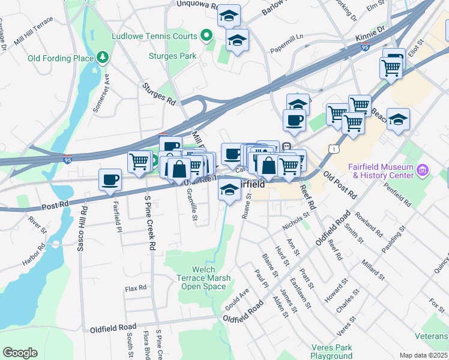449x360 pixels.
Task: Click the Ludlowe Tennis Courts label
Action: pyautogui.click(x=154, y=37)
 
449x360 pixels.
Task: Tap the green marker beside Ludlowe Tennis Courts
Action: pyautogui.click(x=208, y=36)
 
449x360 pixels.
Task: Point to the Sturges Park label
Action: pyautogui.click(x=173, y=56)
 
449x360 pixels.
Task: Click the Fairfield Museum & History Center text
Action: pyautogui.click(x=381, y=171)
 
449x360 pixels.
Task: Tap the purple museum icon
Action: pyautogui.click(x=424, y=171)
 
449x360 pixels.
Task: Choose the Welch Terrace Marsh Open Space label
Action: pyautogui.click(x=202, y=277)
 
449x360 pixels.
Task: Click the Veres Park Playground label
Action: pyautogui.click(x=331, y=352)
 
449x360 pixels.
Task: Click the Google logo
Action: pyautogui.click(x=20, y=353)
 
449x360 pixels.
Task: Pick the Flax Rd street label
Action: pyautogui.click(x=136, y=288)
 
